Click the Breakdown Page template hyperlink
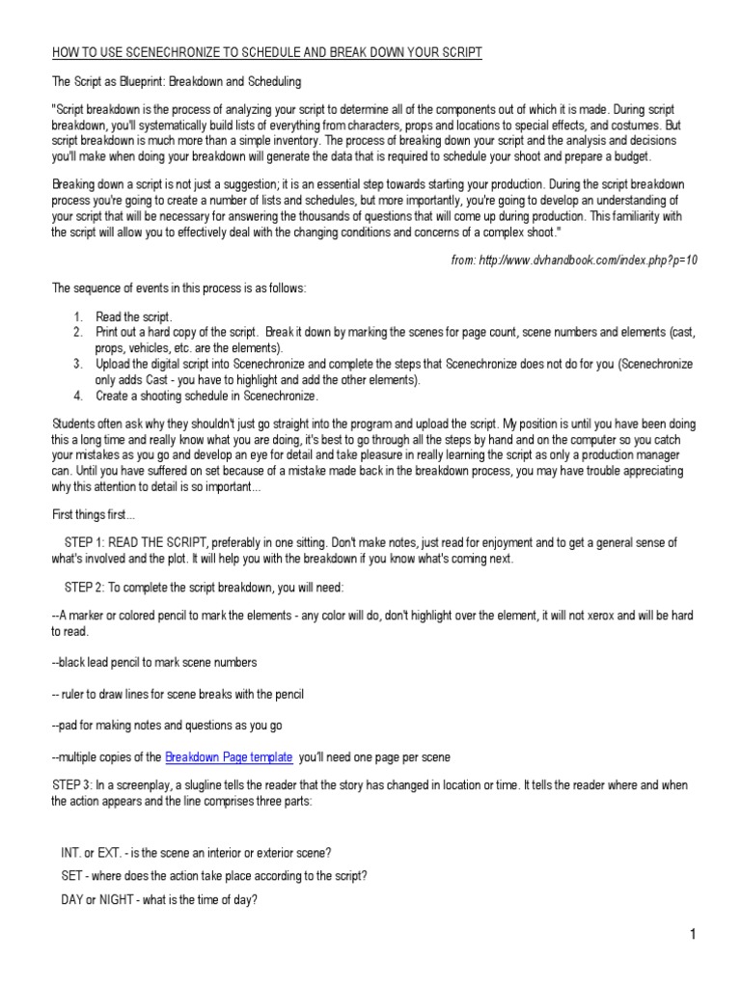(229, 757)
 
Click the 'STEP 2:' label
(90, 587)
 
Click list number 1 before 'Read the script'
(78, 316)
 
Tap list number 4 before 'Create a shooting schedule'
(78, 396)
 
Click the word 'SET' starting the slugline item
(72, 876)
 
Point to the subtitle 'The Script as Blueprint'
(121, 81)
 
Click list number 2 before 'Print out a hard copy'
(78, 332)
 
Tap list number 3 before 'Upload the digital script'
(78, 364)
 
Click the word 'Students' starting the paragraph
(74, 425)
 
